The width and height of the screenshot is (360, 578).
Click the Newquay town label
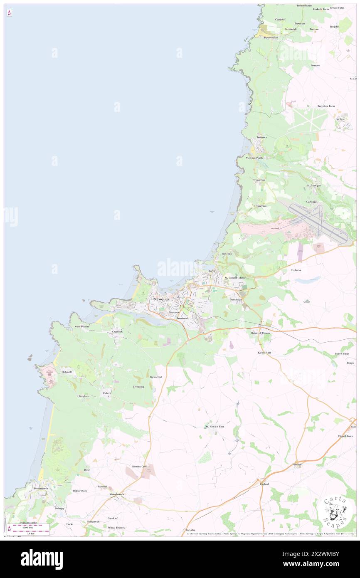click(x=161, y=299)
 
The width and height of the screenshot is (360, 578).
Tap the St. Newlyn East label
click(x=215, y=427)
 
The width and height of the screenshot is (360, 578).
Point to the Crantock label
click(x=117, y=332)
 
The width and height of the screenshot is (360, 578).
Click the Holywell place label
click(x=67, y=372)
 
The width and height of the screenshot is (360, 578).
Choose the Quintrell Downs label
click(x=261, y=333)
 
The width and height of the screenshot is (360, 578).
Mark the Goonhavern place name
click(x=117, y=494)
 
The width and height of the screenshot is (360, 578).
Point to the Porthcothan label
click(x=271, y=37)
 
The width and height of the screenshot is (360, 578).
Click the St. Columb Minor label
click(x=235, y=278)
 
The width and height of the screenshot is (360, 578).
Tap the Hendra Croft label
click(x=140, y=467)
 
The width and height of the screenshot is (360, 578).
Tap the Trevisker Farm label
click(x=326, y=106)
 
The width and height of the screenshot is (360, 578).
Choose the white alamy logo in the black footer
click(x=42, y=559)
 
